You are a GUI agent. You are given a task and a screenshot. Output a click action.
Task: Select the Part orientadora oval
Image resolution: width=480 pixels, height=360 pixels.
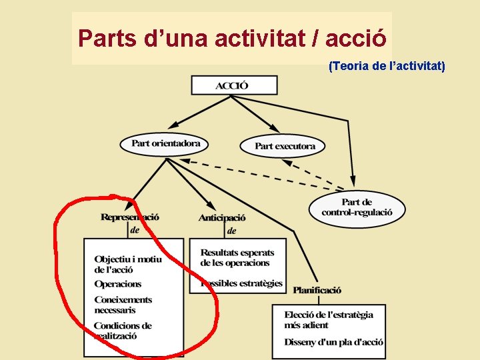165,143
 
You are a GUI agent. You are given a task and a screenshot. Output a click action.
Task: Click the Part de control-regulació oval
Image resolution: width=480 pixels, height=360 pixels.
357,207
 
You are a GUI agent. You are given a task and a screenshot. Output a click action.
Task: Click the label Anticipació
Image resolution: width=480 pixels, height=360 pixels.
222,218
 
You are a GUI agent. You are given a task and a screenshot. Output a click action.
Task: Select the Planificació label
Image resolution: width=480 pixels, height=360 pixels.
317,290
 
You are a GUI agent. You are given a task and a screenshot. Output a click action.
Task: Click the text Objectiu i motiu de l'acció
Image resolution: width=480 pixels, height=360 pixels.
127,264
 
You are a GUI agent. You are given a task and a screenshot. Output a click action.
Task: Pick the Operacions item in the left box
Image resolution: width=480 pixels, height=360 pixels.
118,284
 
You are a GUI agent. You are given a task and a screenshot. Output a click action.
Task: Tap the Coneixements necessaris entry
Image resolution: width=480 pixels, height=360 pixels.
123,305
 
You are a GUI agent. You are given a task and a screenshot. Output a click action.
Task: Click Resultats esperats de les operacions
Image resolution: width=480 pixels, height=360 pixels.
237,257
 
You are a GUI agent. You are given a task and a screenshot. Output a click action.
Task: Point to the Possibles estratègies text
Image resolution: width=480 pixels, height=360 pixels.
241,283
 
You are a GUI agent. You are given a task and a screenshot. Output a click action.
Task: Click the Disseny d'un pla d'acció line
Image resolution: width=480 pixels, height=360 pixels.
333,342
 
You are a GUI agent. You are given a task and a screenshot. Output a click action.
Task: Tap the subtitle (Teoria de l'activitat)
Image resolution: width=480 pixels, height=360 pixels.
387,66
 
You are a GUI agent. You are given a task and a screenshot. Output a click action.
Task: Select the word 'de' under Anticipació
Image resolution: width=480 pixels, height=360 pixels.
231,231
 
